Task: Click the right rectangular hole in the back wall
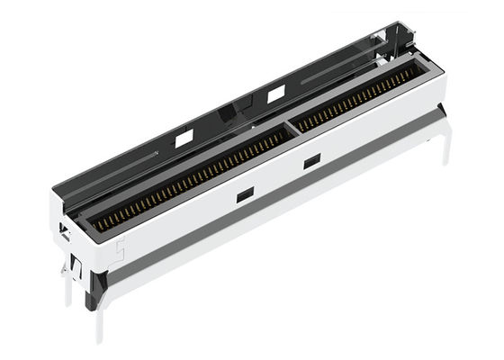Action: pos(275,94)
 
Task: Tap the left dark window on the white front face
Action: pos(244,193)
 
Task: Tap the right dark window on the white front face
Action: pos(312,161)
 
